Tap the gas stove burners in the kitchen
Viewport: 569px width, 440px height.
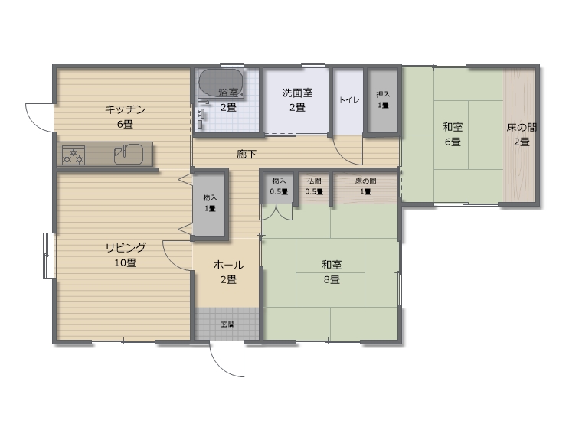tap(74, 155)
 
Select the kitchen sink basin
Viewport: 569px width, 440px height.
tap(129, 154)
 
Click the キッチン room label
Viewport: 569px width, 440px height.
tap(125, 109)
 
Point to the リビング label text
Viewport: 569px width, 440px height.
tap(126, 248)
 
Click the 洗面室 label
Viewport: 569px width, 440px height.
tap(297, 93)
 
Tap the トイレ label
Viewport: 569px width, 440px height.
tap(349, 100)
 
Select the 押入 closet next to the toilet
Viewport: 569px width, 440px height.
tap(383, 101)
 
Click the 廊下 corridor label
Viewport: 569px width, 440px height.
tap(247, 155)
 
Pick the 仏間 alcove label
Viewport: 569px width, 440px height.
tap(314, 181)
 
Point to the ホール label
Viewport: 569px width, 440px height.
tap(228, 266)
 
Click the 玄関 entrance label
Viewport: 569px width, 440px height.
tap(227, 324)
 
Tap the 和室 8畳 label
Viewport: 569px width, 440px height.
tap(332, 272)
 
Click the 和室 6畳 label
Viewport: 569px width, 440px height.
tap(453, 134)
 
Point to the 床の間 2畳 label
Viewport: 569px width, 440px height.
tap(522, 135)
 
